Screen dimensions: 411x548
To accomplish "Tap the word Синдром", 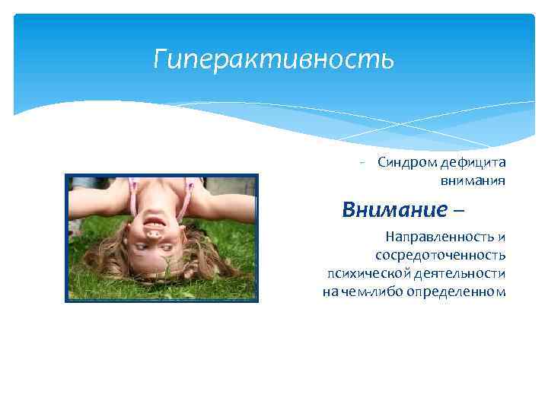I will [406, 162].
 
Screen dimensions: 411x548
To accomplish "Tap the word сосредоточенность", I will [440, 255].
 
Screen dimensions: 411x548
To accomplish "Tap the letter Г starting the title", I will [160, 59].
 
